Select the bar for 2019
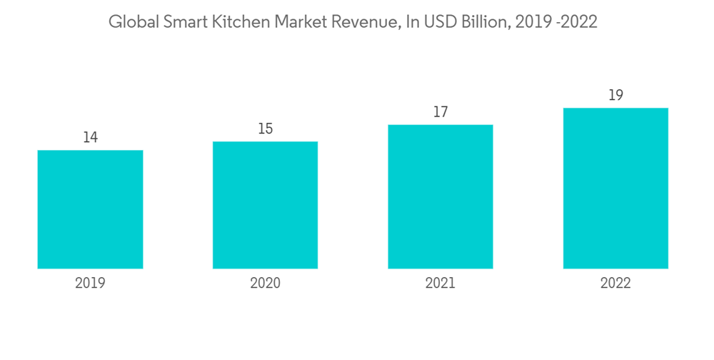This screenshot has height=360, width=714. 90,209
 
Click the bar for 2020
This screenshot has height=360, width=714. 265,205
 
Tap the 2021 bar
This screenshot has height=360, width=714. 441,196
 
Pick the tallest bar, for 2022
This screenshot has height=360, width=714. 615,188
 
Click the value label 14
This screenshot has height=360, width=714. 90,137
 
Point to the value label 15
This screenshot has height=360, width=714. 265,129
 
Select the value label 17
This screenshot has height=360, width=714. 441,112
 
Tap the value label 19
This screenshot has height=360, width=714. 615,95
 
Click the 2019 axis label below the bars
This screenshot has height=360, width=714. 90,284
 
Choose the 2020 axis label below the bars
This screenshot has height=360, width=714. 265,284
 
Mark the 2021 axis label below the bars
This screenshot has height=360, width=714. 441,284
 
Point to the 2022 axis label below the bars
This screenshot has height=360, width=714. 615,284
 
